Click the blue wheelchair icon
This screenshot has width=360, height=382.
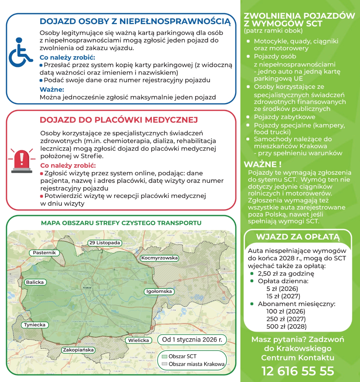point(20,53)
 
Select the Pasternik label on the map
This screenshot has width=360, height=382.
point(44,253)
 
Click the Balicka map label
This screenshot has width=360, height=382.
point(35,282)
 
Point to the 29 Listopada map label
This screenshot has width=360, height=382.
point(105,243)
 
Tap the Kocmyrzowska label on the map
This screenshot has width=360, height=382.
point(159,258)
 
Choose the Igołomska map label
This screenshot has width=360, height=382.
point(159,291)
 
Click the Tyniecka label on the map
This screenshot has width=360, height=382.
point(35,325)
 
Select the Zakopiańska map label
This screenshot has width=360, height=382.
point(78,350)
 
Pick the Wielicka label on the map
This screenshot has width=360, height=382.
point(139,340)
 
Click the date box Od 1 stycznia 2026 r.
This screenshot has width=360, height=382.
point(192,340)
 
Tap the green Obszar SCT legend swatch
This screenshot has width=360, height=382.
point(164,356)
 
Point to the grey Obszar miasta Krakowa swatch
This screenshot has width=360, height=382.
point(164,364)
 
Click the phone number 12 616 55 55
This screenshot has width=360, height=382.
point(298,371)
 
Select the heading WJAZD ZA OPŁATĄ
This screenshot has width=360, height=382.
point(298,237)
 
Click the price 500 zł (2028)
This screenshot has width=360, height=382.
point(286,327)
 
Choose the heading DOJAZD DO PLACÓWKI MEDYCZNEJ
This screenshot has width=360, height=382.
point(119,120)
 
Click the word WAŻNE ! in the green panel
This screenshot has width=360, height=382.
point(262,164)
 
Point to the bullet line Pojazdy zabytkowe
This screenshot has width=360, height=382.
point(280,117)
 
